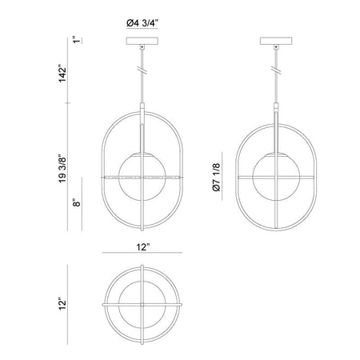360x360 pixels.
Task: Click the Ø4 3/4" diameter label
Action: tap(142, 24)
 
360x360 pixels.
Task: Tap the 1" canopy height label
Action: tap(77, 40)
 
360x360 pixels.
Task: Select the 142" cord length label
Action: tap(62, 74)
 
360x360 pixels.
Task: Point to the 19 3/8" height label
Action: tap(62, 169)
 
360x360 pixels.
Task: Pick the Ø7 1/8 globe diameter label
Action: tap(217, 177)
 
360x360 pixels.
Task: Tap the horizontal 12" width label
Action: tap(142, 247)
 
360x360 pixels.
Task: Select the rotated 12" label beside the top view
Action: tap(62, 304)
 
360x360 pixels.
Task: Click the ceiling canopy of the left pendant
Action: tap(142, 41)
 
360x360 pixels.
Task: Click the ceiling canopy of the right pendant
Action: tap(276, 41)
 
